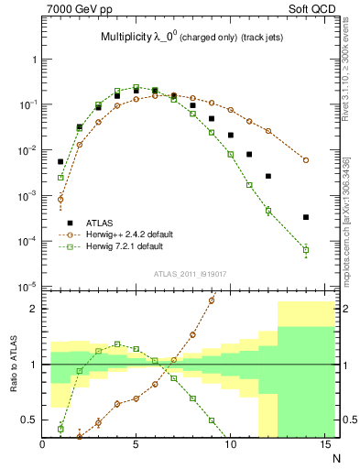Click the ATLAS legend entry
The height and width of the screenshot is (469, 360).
point(101,221)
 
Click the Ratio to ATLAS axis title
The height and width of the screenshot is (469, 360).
point(13,365)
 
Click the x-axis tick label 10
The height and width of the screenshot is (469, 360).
point(230,445)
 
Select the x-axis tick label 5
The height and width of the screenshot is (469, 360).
point(136,445)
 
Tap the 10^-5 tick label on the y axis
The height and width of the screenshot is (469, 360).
point(27,288)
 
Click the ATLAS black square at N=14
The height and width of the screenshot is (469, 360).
point(306,217)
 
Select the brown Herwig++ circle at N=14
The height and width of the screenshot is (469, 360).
point(306,159)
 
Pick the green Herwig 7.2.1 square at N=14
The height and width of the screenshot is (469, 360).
point(306,250)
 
